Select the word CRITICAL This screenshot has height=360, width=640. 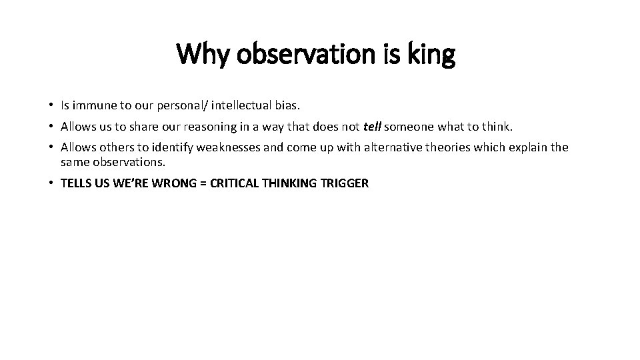pos(233,183)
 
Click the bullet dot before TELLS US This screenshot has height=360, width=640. pos(51,183)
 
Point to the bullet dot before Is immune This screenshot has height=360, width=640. pos(51,105)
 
